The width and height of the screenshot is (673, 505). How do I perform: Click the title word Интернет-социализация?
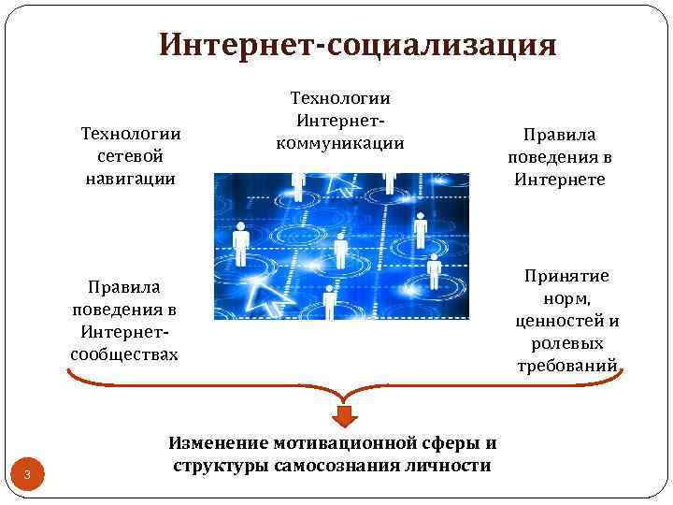click(358, 45)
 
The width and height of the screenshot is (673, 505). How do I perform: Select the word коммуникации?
click(340, 142)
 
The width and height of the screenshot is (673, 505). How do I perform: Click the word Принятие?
click(566, 276)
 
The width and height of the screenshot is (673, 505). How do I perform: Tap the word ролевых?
click(566, 343)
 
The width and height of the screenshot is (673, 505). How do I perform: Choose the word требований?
click(566, 366)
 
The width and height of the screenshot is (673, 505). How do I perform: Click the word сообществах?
click(124, 354)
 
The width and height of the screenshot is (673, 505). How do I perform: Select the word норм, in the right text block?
click(566, 298)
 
